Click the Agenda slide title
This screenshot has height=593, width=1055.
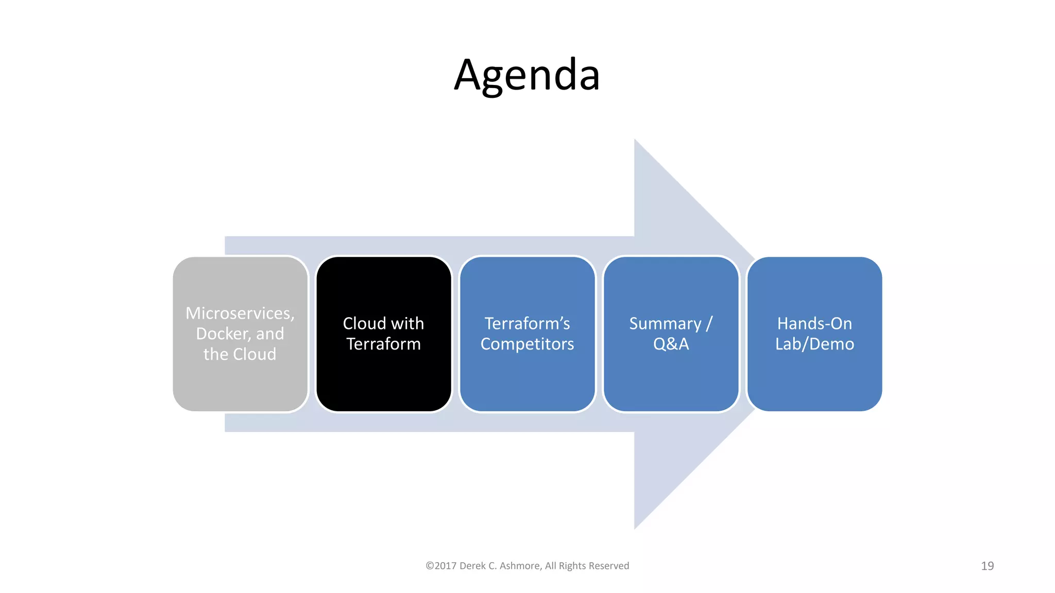coord(527,75)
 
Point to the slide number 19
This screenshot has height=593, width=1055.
coord(987,566)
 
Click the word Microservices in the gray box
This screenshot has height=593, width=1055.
coord(240,313)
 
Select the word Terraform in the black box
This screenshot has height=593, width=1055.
coord(383,344)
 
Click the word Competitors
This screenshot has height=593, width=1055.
coord(527,344)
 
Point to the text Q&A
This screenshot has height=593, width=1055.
coord(671,344)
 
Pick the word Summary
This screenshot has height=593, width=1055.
coord(665,323)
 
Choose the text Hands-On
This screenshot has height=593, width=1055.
coord(814,323)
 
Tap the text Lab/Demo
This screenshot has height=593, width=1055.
coord(814,344)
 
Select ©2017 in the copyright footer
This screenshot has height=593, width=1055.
coord(441,566)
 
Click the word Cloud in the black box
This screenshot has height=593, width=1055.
coord(364,323)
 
